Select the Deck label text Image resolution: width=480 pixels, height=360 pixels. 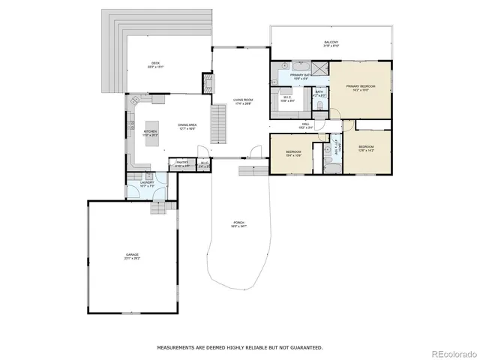pos(155,64)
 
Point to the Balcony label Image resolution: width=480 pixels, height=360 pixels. pos(331,43)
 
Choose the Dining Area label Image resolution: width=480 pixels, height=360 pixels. pos(187,126)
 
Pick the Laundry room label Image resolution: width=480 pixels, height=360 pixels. pos(147,183)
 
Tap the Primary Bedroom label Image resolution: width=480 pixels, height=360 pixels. pos(360,88)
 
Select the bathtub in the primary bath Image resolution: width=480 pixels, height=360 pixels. pos(289,67)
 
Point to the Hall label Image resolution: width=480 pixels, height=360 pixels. pos(305,125)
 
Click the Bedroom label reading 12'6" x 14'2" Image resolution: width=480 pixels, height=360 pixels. pos(365,148)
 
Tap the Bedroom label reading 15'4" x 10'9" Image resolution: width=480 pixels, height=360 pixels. pos(293,153)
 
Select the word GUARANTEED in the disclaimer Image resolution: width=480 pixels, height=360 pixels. pos(307,347)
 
